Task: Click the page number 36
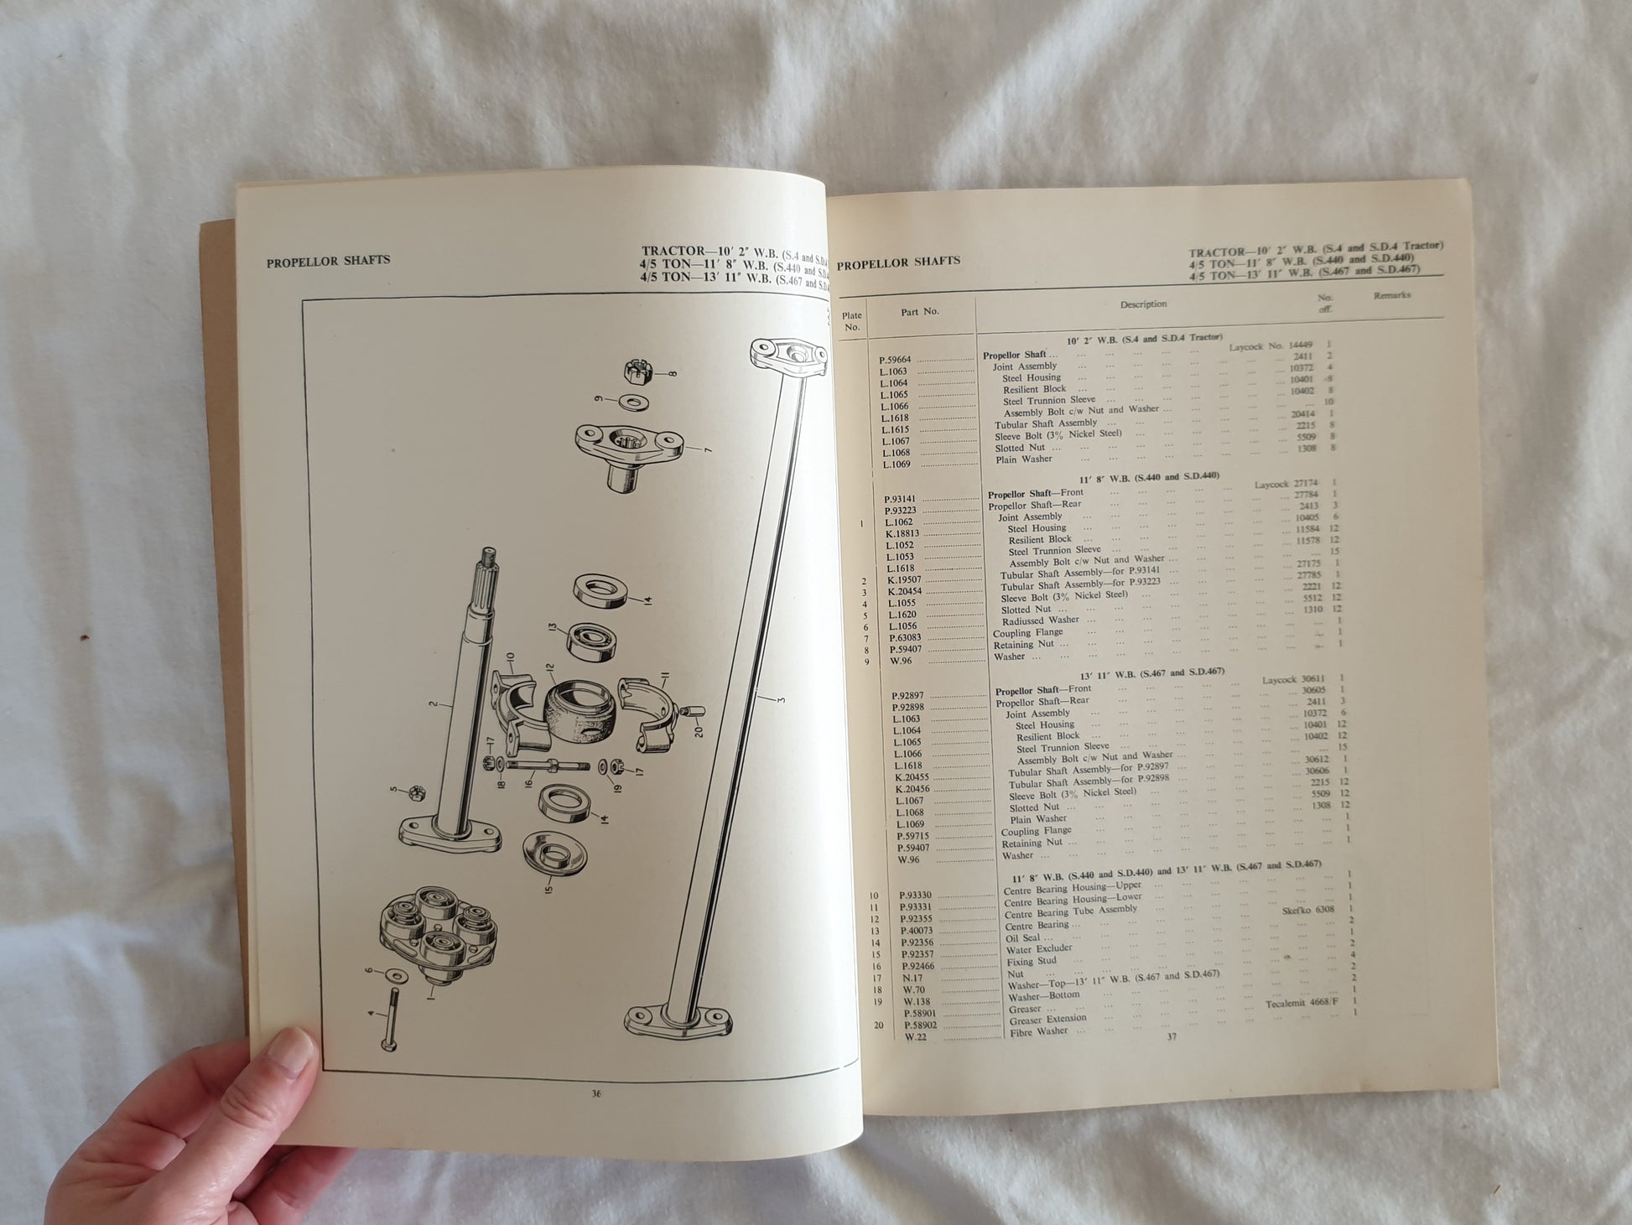tap(596, 1093)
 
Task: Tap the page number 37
tap(1172, 1036)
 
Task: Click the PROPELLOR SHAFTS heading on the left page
tap(328, 261)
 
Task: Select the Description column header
tap(1143, 304)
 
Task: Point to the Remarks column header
tap(1391, 295)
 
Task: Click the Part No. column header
tap(919, 312)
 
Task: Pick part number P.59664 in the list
tap(895, 360)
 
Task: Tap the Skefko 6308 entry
tap(1307, 910)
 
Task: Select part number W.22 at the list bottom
tap(915, 1037)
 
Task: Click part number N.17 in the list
tap(912, 978)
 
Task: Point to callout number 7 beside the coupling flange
tap(708, 451)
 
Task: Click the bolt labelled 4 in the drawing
tap(388, 1023)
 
